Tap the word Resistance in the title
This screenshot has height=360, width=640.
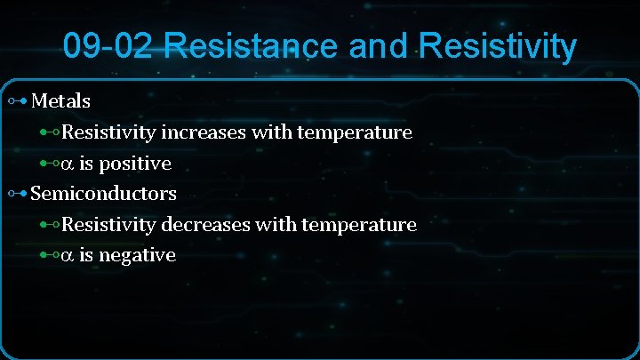pos(252,45)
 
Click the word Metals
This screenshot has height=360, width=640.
pos(60,100)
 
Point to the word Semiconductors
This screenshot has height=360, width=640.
pos(103,193)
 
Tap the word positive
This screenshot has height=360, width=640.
pos(138,164)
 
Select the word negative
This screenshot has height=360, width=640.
pos(138,255)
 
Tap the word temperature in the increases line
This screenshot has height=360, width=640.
pos(355,132)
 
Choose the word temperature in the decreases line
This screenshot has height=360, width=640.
pos(359,224)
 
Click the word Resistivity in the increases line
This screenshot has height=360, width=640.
pos(108,132)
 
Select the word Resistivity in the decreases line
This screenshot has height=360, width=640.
pos(108,224)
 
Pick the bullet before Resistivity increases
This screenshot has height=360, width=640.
pos(50,132)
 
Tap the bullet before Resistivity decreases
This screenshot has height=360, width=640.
pos(50,224)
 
